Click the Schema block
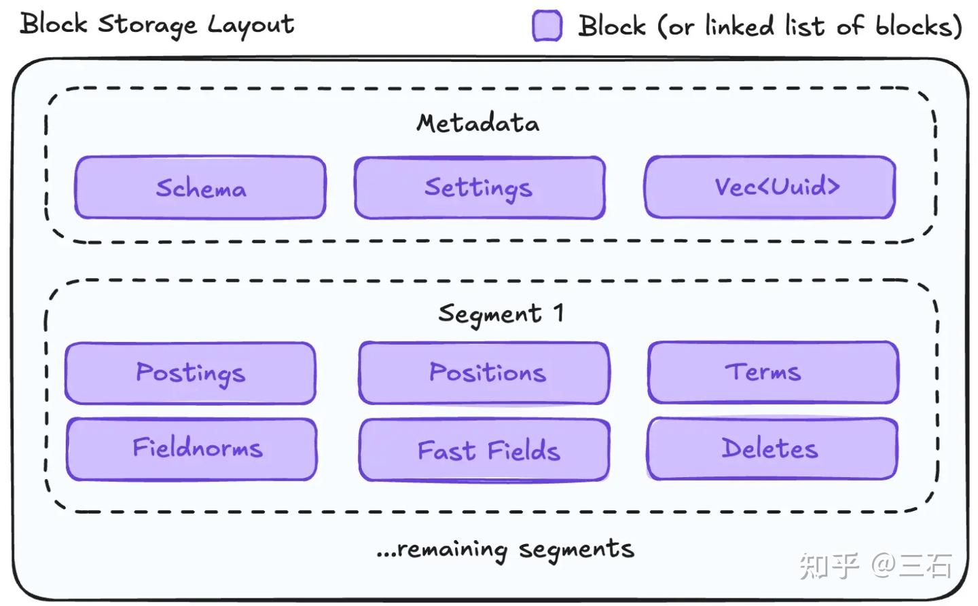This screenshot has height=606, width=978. tap(200, 187)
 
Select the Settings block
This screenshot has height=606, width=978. tap(479, 187)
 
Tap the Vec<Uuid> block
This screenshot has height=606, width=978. tap(770, 187)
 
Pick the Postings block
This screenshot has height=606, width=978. tap(190, 373)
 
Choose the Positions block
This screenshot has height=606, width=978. tap(484, 373)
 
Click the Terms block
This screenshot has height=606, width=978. tap(773, 372)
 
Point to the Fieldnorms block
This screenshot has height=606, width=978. tap(192, 449)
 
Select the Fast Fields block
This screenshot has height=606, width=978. tap(484, 450)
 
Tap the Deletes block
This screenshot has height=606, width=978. tap(772, 449)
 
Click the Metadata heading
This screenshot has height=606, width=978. tap(477, 123)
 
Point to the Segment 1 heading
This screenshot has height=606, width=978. tap(501, 314)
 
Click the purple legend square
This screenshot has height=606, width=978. tap(547, 26)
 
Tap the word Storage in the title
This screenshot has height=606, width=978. tap(147, 25)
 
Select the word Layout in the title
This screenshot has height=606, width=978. tap(251, 25)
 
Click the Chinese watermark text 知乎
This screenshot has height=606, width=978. tap(829, 566)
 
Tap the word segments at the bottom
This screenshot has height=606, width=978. tap(577, 549)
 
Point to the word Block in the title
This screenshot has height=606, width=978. tap(54, 24)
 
